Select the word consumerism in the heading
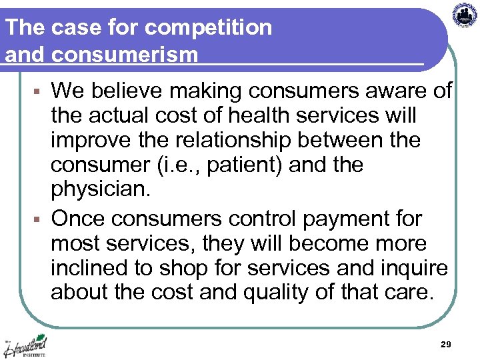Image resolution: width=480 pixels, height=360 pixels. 125,54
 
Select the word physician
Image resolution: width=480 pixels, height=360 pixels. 101,190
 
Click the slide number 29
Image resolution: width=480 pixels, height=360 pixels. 446,344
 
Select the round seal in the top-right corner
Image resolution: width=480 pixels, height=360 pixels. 465,14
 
